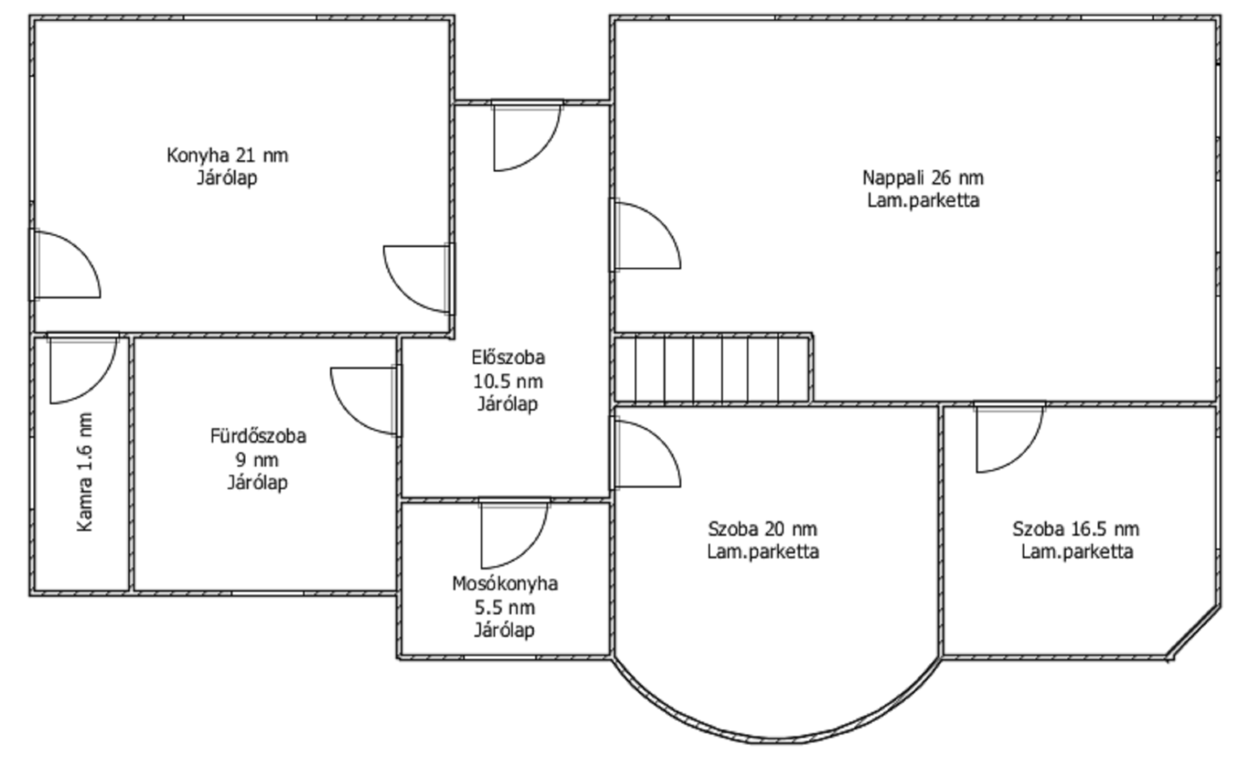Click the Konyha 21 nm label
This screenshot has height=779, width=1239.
[227, 155]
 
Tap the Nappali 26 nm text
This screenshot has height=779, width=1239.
[923, 178]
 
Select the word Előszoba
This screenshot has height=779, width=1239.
[508, 357]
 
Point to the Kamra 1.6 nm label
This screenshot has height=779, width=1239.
[86, 472]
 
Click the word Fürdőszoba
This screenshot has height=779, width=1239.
[258, 436]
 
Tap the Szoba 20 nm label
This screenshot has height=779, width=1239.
[763, 528]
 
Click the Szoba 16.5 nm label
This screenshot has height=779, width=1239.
[1076, 528]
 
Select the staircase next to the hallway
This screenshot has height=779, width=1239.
[712, 369]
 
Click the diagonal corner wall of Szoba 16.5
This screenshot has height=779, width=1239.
[1194, 632]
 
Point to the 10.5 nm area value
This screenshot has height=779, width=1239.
[508, 381]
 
